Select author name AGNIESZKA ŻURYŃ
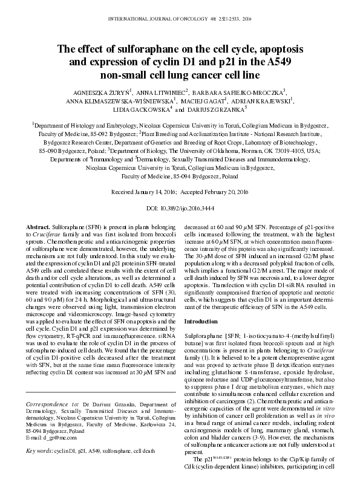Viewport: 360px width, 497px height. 102,92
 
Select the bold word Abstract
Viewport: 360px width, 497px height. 38,225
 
